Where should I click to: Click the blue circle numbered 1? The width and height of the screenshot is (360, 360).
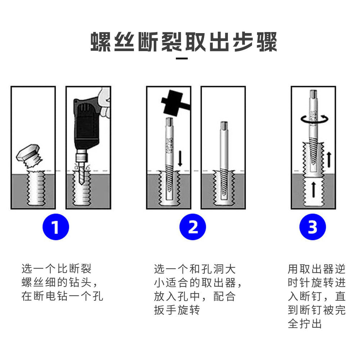pyautogui.click(x=55, y=227)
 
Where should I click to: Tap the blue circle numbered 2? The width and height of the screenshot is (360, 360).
pyautogui.click(x=193, y=227)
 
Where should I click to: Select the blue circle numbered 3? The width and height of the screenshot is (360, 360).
pyautogui.click(x=312, y=227)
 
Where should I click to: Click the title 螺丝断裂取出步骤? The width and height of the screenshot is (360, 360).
pyautogui.click(x=184, y=42)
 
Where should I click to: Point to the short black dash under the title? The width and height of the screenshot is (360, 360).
pyautogui.click(x=182, y=58)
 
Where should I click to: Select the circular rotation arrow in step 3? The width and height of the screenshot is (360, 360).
pyautogui.click(x=313, y=119)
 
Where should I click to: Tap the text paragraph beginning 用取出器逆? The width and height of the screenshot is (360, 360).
pyautogui.click(x=316, y=296)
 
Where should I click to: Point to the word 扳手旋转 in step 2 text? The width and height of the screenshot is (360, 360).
pyautogui.click(x=177, y=310)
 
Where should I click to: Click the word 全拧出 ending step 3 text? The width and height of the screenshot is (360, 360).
pyautogui.click(x=305, y=324)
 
